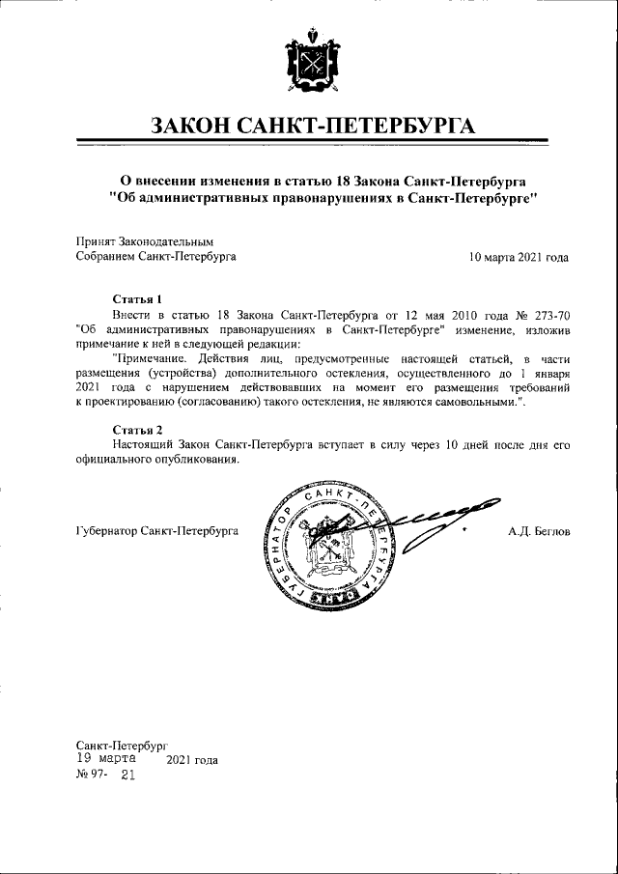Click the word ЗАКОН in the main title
point(199,127)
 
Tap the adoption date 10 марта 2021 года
point(519,257)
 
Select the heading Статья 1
point(136,299)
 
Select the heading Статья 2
point(136,428)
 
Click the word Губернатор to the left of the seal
point(106,531)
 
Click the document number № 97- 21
point(106,775)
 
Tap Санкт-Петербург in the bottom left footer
point(122,746)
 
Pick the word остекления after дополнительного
point(399,373)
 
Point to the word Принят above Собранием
point(96,241)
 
